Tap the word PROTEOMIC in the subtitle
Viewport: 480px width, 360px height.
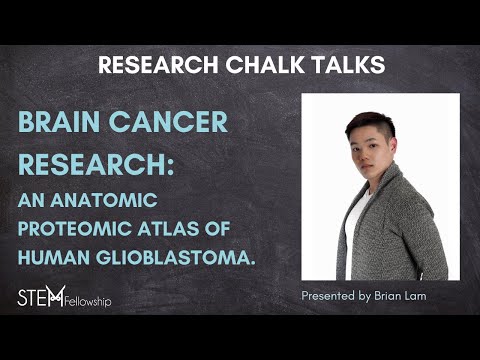(79, 228)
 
